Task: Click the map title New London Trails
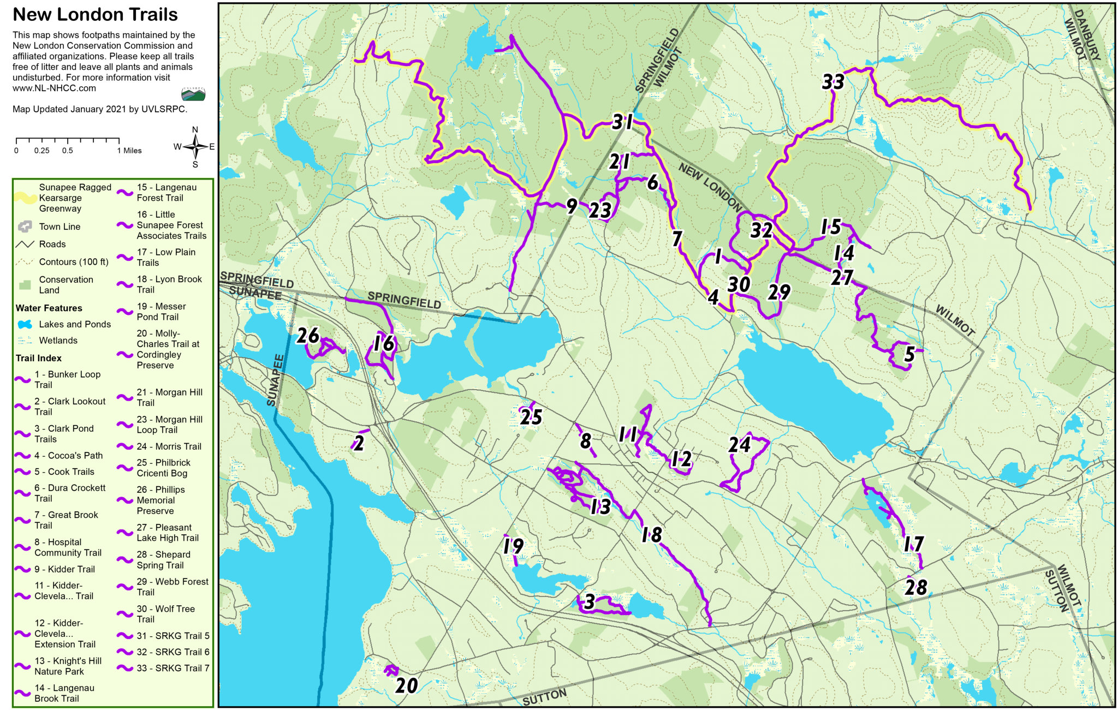[95, 15]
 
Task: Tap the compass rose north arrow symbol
[195, 146]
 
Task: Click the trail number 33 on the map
[833, 82]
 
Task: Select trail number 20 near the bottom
[406, 685]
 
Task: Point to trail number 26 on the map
[307, 336]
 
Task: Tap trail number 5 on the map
[909, 354]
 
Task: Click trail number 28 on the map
[915, 588]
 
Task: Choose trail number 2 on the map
[359, 443]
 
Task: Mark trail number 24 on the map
[739, 445]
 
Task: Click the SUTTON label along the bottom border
[544, 697]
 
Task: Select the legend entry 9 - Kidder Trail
[64, 569]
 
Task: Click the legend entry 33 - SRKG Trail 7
[173, 668]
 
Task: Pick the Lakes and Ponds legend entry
[74, 324]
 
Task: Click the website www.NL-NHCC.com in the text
[54, 88]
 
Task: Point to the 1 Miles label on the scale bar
[129, 151]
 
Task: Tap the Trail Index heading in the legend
[38, 358]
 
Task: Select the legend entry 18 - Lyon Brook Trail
[169, 284]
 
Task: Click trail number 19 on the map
[513, 546]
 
